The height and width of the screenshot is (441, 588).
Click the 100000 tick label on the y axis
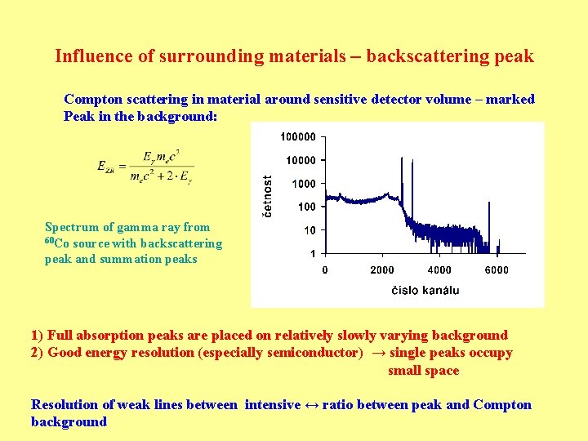(x=297, y=136)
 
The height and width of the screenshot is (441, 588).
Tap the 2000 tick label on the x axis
(x=381, y=269)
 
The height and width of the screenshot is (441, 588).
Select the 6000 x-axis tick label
(x=496, y=269)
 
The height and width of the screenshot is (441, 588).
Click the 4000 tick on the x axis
(x=439, y=269)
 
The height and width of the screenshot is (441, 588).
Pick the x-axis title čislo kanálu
(x=425, y=290)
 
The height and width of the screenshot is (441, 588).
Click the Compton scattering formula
(x=145, y=167)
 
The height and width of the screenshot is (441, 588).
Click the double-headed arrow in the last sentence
(x=311, y=405)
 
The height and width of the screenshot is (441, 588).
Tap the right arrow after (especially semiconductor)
(x=378, y=353)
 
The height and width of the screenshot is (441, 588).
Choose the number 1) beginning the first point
(x=37, y=335)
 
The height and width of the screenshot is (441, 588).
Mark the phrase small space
(x=423, y=371)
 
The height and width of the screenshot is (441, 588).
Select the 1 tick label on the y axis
(x=313, y=254)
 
